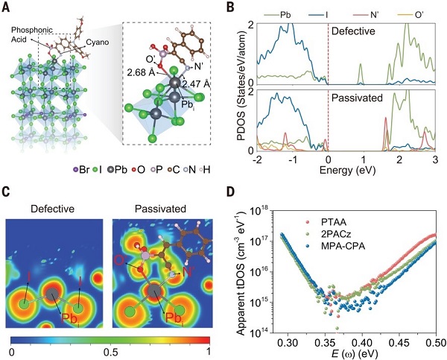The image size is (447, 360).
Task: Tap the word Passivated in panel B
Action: [355, 98]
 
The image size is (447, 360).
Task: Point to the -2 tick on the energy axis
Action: [258, 160]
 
